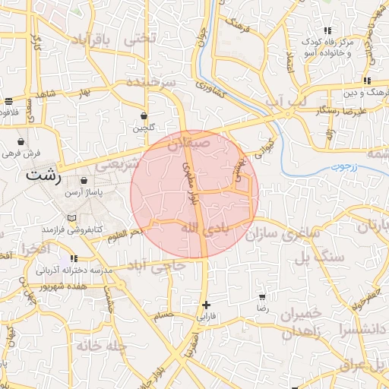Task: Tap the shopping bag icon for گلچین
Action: (x=144, y=116)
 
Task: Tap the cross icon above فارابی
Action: (x=206, y=305)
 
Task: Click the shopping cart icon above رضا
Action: (x=262, y=297)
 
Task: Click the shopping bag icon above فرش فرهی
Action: (x=20, y=141)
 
